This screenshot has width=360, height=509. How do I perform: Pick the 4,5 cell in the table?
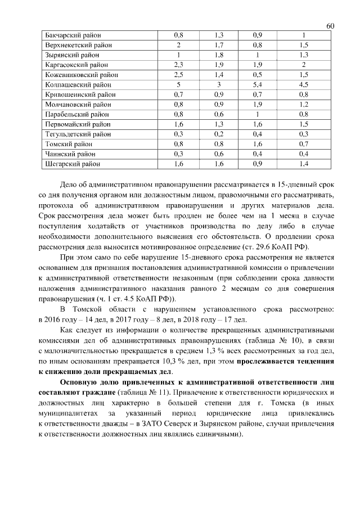point(304,84)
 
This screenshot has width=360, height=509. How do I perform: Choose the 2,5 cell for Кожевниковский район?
point(179,74)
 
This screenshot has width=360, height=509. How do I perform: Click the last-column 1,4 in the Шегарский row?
point(304,164)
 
